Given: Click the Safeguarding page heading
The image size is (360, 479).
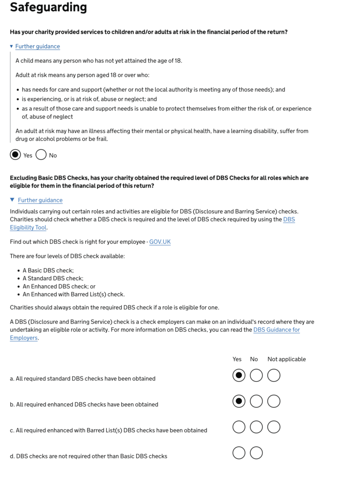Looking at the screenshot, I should (x=48, y=7).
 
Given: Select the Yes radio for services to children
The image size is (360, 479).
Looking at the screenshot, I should (x=15, y=155).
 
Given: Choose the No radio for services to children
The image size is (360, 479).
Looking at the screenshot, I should (x=41, y=155).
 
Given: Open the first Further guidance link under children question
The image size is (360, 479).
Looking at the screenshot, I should (x=37, y=46).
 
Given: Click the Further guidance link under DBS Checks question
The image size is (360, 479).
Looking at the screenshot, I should (x=40, y=200).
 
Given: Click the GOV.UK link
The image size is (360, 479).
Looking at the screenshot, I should (x=160, y=242).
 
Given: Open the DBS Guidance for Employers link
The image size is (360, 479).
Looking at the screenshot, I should (x=276, y=330).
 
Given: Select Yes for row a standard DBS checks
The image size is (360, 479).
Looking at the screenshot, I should (x=239, y=375).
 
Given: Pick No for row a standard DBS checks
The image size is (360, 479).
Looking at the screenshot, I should (x=256, y=375).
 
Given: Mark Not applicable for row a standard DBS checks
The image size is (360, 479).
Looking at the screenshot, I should (x=274, y=375).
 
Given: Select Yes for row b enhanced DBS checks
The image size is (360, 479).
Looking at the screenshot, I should (x=239, y=401).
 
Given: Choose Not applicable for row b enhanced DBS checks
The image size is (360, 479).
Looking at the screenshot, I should (x=274, y=401).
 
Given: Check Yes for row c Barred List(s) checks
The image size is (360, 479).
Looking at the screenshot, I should (x=239, y=427).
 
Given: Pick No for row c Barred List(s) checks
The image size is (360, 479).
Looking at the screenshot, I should (x=256, y=427).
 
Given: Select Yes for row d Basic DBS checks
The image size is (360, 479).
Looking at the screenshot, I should (x=239, y=453).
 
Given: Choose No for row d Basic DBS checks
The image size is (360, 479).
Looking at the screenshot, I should (x=256, y=453).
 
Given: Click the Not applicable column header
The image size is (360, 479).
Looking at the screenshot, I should (x=287, y=359).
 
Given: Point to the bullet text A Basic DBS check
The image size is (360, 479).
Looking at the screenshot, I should (x=48, y=270).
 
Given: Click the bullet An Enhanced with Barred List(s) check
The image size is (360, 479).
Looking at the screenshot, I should (x=73, y=294).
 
